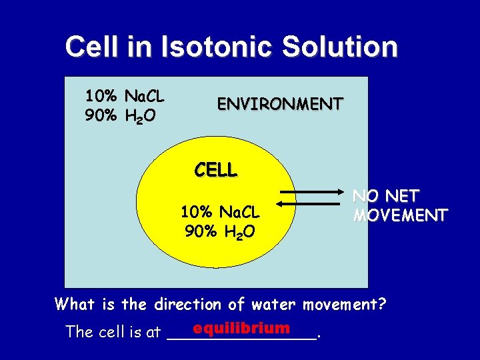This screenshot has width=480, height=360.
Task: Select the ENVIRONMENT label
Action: click(x=280, y=104)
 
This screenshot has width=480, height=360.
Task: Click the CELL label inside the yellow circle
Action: click(x=215, y=170)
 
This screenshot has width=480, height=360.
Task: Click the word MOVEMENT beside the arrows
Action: click(x=400, y=215)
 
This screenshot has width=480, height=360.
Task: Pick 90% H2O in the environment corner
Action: click(x=121, y=117)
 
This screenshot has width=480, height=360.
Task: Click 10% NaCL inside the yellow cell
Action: click(x=220, y=213)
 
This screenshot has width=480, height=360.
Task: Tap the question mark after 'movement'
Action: click(x=382, y=305)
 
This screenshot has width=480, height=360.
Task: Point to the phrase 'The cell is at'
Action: click(x=113, y=332)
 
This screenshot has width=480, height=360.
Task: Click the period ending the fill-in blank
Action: click(x=321, y=337)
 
